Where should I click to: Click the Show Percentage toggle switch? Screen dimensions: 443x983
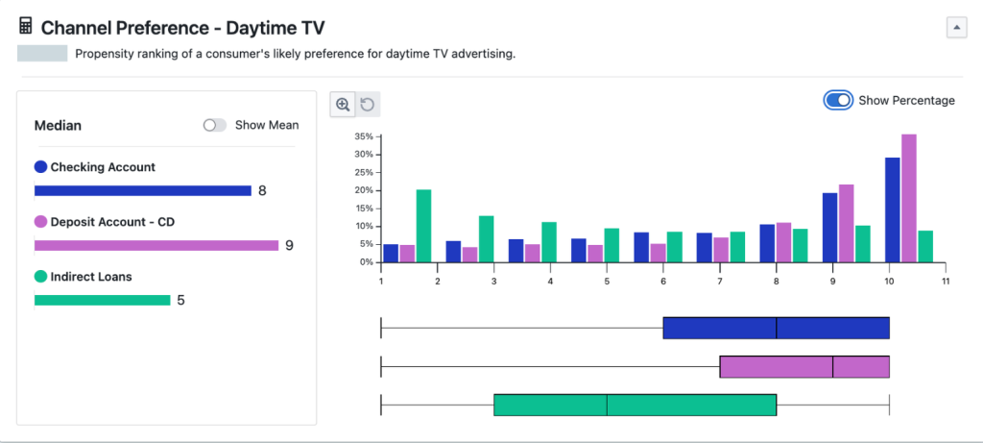(838, 100)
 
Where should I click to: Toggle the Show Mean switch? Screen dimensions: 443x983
(215, 125)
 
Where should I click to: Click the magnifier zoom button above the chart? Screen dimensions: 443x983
(343, 104)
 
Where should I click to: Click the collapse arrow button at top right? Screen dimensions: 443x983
(956, 28)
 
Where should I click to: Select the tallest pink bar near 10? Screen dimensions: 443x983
(909, 198)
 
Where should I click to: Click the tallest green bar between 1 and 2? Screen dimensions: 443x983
(423, 226)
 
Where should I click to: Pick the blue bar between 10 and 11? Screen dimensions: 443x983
(892, 209)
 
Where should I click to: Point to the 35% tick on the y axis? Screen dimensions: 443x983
(363, 136)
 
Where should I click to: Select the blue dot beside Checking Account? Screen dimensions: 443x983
(40, 167)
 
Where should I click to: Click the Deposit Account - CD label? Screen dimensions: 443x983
(111, 222)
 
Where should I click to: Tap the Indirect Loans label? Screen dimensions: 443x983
(91, 277)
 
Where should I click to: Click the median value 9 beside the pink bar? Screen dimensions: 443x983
(289, 245)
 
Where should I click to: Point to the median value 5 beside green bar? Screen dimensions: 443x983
(180, 300)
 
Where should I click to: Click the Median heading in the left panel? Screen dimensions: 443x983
(58, 125)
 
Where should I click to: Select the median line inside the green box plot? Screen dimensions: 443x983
(607, 405)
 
